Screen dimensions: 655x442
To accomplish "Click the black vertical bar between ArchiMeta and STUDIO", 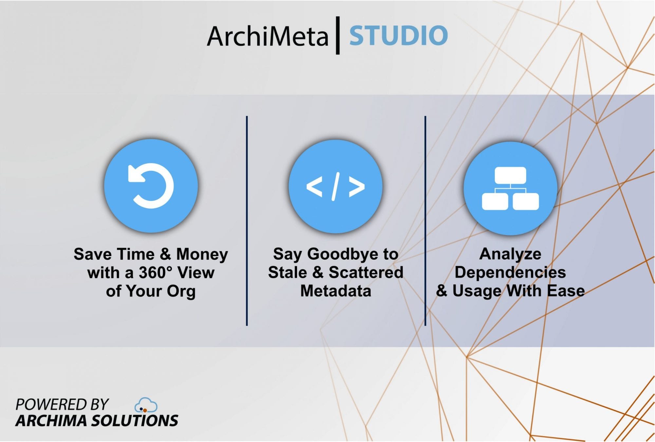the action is tap(338, 35).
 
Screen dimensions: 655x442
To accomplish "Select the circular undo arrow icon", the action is tap(151, 186).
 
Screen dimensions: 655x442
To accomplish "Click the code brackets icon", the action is tap(335, 186).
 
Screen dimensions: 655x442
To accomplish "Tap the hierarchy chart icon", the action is tap(510, 188).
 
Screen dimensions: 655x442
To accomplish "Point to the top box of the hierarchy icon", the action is tap(510, 175).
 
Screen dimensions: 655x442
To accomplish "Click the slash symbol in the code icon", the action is tap(335, 186).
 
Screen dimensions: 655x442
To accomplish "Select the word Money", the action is tap(202, 254).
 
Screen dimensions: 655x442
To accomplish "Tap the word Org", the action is tap(181, 291).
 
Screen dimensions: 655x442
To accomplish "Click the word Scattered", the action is tap(366, 272).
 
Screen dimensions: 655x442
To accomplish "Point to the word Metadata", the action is tap(336, 291).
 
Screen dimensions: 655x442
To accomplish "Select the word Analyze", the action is tap(510, 254).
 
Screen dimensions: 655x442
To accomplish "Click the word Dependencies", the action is tap(510, 272).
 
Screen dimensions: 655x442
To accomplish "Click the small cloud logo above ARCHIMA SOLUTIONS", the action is tap(146, 405).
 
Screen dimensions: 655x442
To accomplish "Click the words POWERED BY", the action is tap(62, 405).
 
